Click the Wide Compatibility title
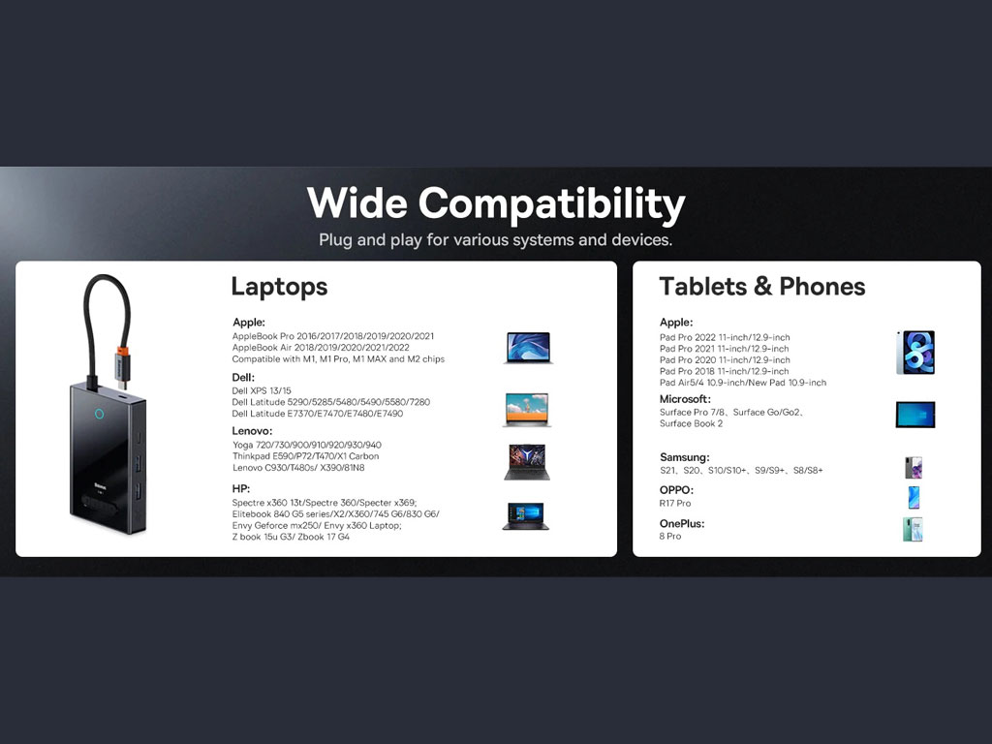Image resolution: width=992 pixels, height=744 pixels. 496,203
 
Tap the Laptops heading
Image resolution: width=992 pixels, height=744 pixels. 279,287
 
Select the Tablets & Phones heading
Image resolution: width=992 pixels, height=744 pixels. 762,287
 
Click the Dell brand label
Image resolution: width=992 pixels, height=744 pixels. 243,378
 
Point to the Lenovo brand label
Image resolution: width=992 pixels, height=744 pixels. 252,431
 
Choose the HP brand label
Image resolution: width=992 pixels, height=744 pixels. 241,488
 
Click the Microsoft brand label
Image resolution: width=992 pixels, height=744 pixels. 685,399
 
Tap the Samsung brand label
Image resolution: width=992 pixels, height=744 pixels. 685,457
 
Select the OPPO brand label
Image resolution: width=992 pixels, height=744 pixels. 676,489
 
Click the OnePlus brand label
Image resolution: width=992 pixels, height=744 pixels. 682,524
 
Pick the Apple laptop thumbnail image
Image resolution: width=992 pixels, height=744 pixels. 528,348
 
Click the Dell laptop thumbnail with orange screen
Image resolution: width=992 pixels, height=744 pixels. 527,410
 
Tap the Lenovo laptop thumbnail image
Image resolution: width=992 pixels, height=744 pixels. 526,462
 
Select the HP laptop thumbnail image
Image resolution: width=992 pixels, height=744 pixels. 525,515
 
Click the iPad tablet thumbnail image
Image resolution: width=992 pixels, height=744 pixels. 915,353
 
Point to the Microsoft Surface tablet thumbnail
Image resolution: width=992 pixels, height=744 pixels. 915,415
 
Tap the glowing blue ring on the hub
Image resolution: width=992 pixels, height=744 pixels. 100,414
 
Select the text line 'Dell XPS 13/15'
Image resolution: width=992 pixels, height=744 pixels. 262,391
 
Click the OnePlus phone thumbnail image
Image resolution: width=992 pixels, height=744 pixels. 913,530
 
